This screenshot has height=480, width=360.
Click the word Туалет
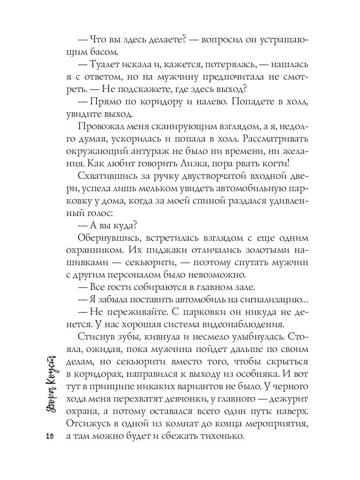coord(110,65)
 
